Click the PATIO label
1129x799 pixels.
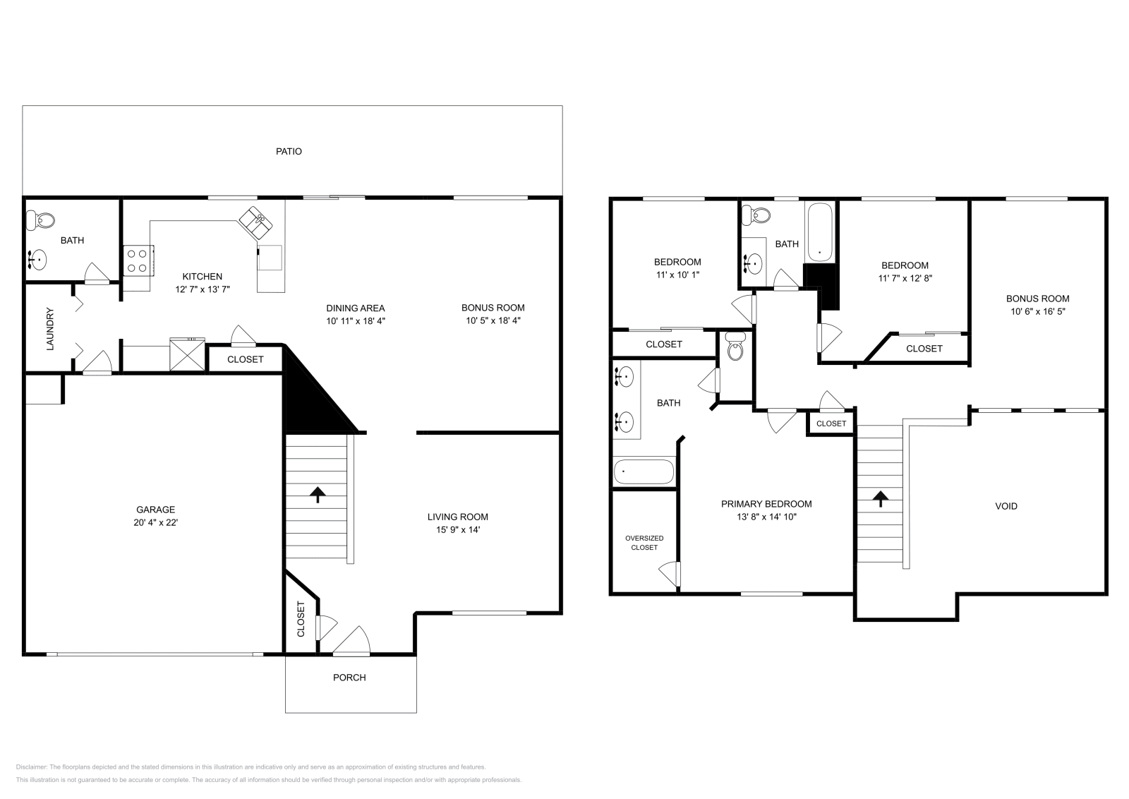(x=289, y=151)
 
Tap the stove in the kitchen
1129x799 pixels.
(x=139, y=260)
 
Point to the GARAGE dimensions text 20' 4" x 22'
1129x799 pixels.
(x=156, y=523)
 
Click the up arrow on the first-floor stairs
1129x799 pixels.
(x=318, y=494)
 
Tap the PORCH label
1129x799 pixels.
(x=349, y=678)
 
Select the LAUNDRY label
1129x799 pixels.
(x=50, y=328)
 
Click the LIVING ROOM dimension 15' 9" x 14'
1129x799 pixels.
(x=458, y=529)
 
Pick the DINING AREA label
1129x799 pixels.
(x=355, y=308)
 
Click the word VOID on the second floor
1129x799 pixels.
(x=1006, y=506)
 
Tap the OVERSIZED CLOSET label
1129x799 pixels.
(x=644, y=543)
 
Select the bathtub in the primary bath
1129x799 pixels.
(x=644, y=471)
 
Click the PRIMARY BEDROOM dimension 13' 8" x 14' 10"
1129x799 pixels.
(x=766, y=517)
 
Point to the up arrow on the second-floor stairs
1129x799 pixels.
(x=880, y=499)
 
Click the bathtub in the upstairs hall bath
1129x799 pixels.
(x=820, y=233)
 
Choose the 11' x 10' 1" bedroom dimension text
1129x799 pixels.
(x=677, y=275)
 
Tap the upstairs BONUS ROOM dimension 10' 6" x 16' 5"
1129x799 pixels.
(x=1037, y=311)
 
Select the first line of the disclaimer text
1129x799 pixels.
(x=250, y=767)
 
